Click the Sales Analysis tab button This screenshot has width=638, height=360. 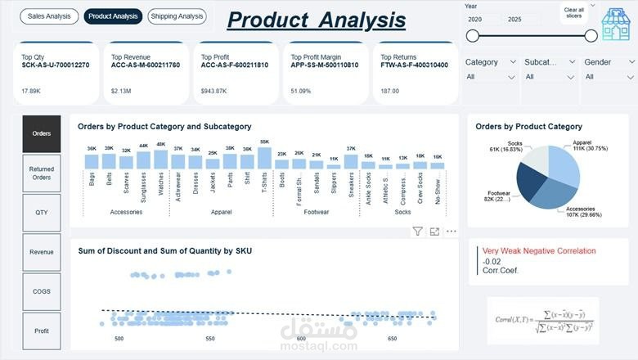click(x=49, y=16)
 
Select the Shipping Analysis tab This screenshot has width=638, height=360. click(x=177, y=16)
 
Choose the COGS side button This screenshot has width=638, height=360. click(x=41, y=291)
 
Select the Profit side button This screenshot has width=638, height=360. click(x=41, y=331)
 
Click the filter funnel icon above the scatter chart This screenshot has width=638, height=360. click(x=417, y=232)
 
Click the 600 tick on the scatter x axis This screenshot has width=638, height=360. click(x=302, y=339)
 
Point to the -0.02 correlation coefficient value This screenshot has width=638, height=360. click(x=492, y=261)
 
